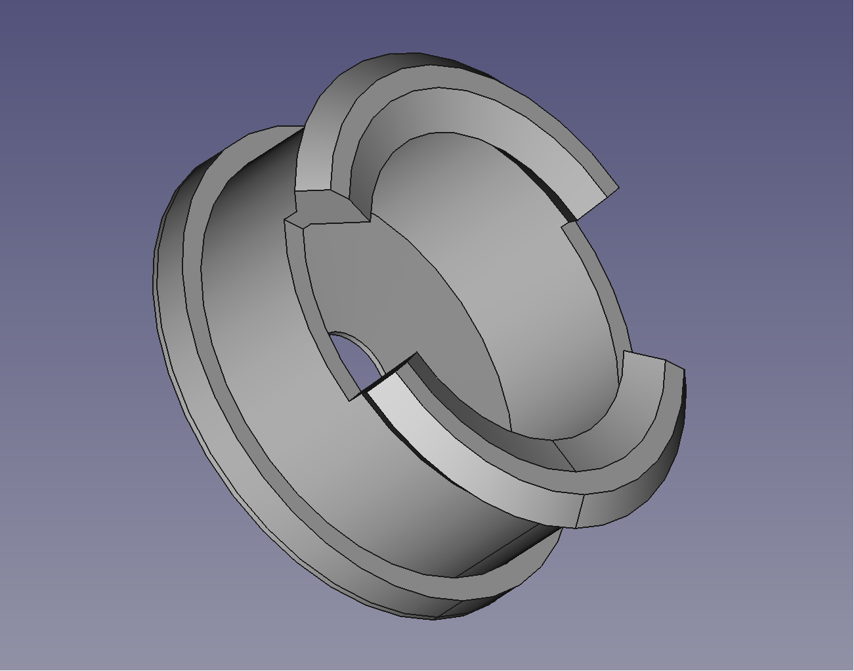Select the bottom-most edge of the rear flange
[433, 618]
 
